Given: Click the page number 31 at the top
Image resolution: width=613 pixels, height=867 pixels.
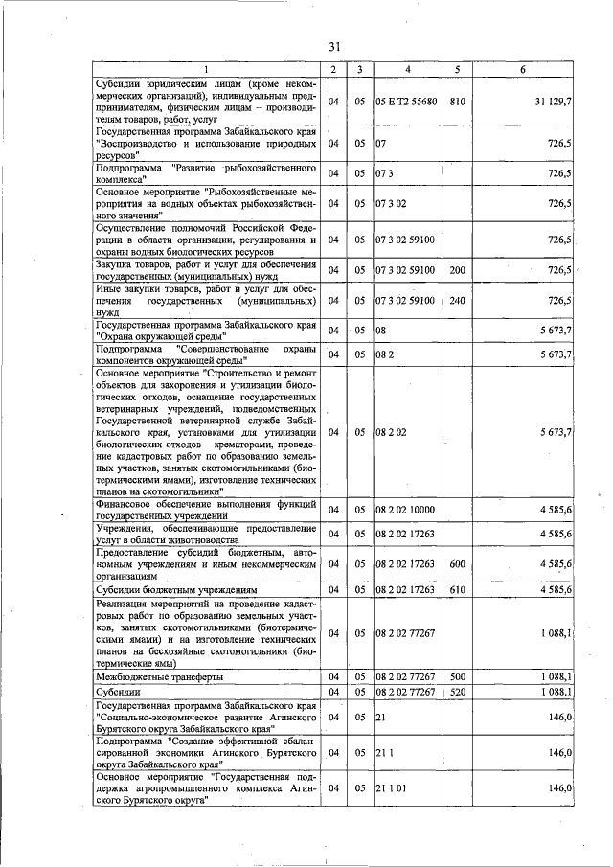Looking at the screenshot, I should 334,47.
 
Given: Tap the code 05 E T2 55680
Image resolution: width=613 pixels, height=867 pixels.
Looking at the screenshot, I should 407,102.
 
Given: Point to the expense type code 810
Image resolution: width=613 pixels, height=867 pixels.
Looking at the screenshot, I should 457,102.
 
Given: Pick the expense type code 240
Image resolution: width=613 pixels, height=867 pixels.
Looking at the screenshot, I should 457,301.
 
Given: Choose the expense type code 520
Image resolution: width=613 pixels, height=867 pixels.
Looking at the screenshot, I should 457,691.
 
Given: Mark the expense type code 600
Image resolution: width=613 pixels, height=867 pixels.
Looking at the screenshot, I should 457,564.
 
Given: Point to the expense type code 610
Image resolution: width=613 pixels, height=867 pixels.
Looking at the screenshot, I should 457,589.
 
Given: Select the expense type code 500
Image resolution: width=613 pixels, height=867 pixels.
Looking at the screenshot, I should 457,676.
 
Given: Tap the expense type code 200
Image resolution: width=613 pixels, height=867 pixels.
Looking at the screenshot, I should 457,270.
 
